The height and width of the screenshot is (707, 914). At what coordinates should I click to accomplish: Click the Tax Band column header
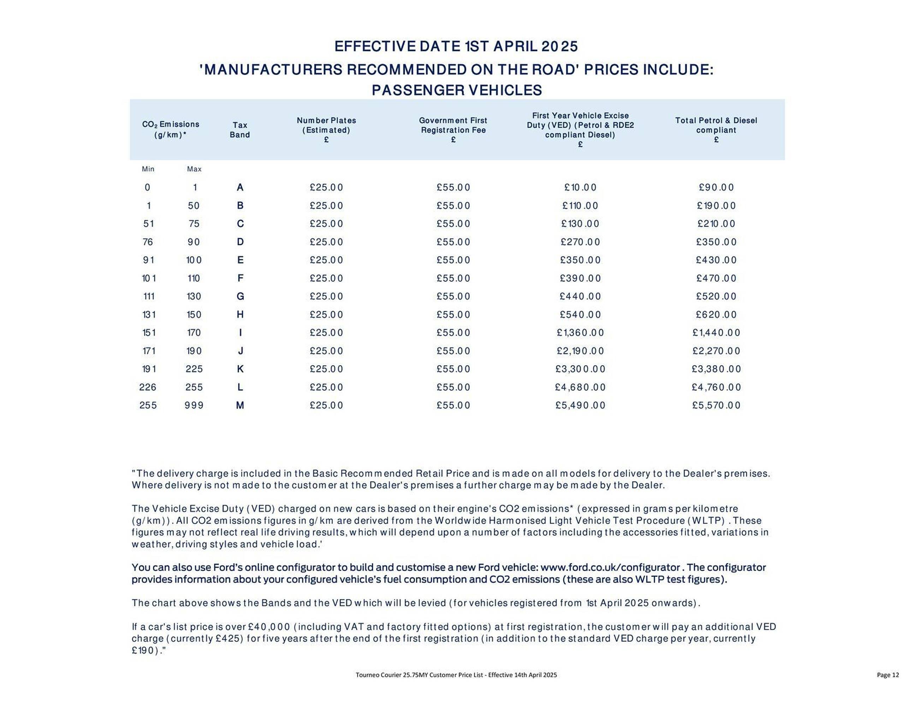point(239,130)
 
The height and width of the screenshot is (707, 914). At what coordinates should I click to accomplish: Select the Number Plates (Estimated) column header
point(326,130)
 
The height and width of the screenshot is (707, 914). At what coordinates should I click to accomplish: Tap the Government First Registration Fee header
point(453,130)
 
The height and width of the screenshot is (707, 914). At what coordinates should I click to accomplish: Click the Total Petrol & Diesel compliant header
point(716,130)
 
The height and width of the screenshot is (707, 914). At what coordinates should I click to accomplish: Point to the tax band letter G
point(240,297)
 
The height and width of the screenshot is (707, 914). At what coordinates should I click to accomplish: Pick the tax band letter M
point(240,405)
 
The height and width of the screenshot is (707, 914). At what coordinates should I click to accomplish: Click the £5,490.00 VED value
point(580,405)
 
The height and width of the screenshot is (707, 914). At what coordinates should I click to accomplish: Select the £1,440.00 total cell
point(716,333)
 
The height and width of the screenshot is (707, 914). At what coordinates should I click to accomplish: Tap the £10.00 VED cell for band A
point(580,188)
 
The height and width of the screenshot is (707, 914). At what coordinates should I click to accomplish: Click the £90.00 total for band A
point(716,188)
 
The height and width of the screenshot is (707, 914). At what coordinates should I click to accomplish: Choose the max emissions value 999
point(194,405)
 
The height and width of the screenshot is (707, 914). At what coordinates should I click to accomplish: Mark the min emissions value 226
point(148,387)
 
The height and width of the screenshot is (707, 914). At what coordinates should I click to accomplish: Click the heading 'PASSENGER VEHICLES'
point(457,90)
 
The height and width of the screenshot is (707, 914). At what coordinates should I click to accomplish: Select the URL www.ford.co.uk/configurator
point(610,567)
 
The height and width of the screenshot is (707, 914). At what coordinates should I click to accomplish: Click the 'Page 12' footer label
point(888,675)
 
